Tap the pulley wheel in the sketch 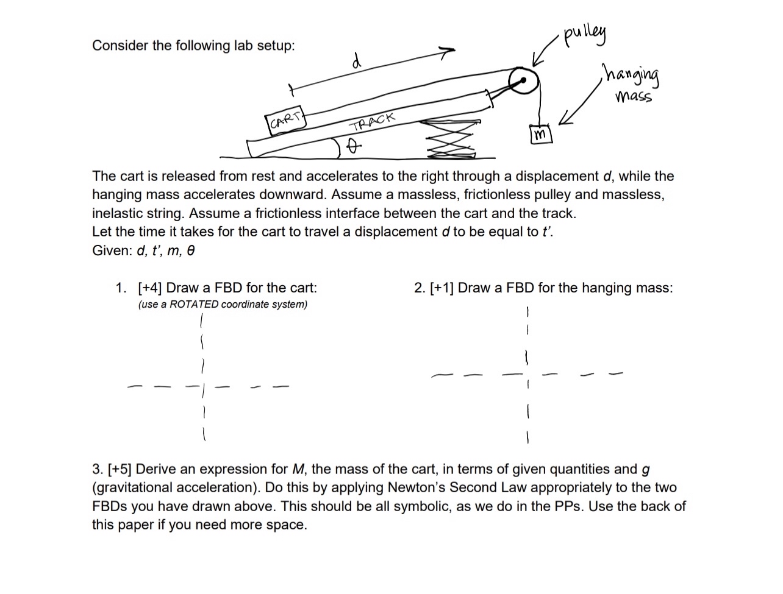point(523,80)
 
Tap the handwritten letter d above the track point(357,60)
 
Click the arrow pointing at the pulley point(545,51)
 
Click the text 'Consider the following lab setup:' point(193,46)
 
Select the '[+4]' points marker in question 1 point(149,288)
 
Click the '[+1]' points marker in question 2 point(442,288)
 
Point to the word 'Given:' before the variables point(112,250)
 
